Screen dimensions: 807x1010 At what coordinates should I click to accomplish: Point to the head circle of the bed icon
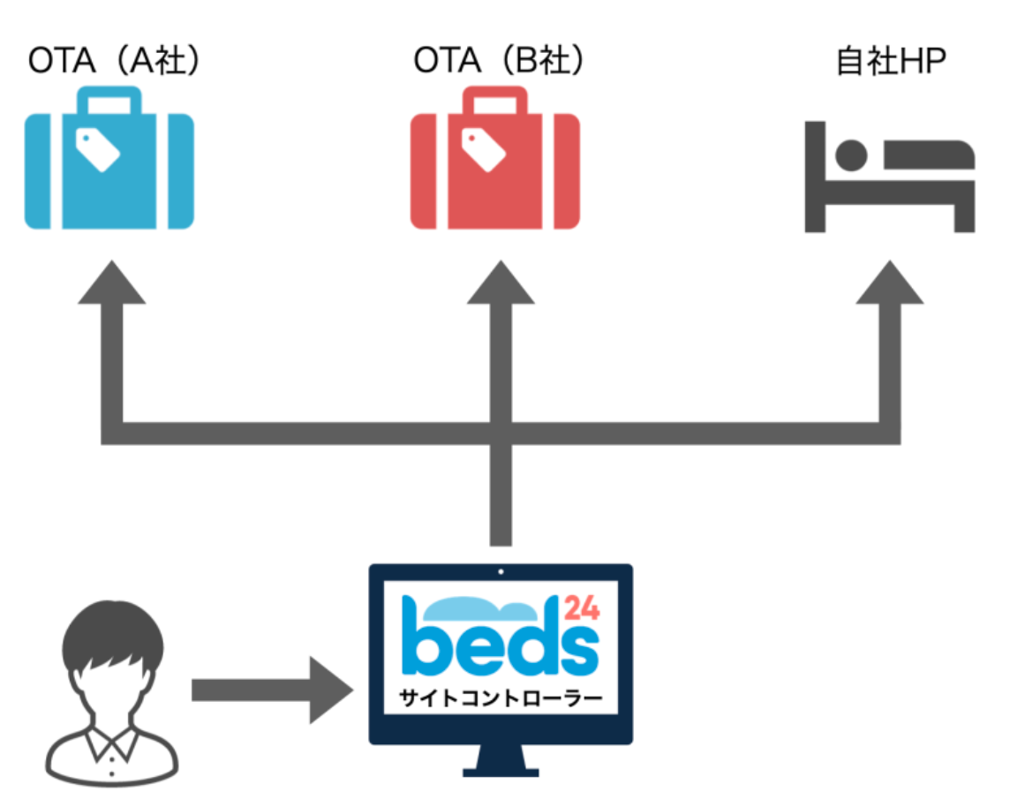pyautogui.click(x=851, y=155)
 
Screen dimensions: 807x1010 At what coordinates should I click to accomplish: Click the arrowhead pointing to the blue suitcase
pyautogui.click(x=111, y=284)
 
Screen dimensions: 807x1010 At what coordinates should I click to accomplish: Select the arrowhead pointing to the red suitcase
pyautogui.click(x=501, y=284)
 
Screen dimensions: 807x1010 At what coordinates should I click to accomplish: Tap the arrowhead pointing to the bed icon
pyautogui.click(x=890, y=284)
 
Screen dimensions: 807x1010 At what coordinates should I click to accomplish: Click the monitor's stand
pyautogui.click(x=501, y=761)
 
